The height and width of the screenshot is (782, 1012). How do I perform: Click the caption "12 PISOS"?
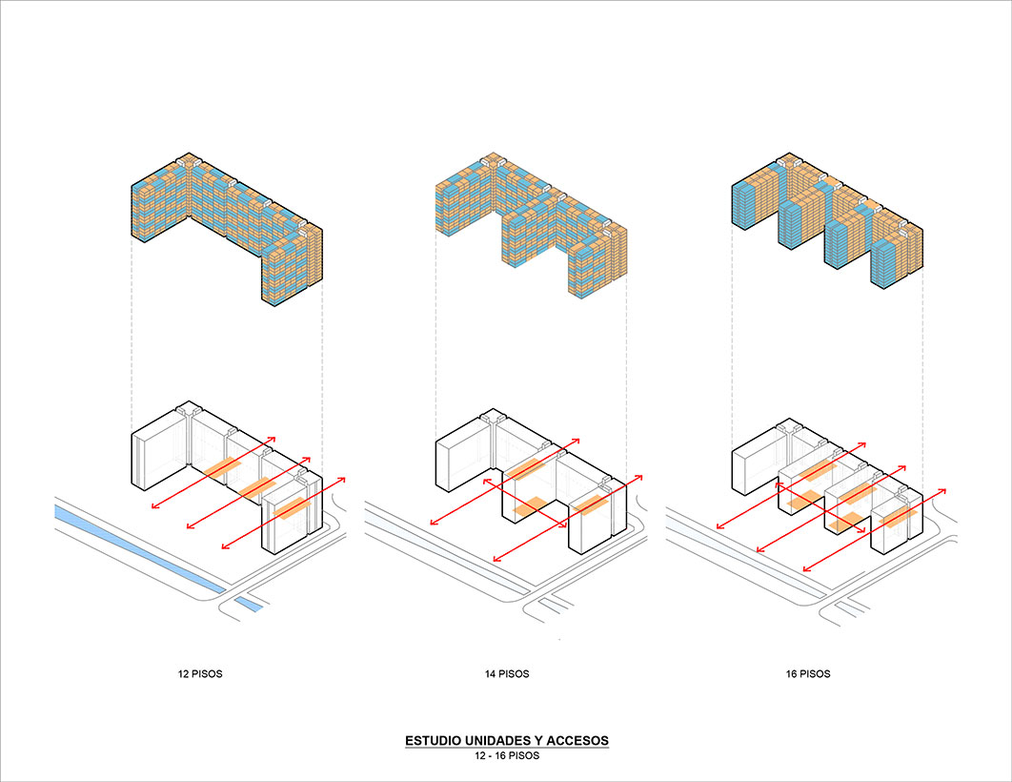(200, 673)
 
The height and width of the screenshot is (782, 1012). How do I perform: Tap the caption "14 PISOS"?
(507, 673)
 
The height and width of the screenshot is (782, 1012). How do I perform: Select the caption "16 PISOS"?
(808, 673)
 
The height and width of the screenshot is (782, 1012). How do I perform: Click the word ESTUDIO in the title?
(433, 740)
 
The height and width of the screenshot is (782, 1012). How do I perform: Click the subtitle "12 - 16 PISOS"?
(507, 755)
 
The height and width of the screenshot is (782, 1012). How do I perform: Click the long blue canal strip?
(139, 548)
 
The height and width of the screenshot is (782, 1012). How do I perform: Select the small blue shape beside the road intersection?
(249, 604)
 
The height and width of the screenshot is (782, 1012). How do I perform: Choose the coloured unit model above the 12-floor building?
(227, 229)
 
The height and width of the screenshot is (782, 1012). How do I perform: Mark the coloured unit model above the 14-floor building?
(531, 225)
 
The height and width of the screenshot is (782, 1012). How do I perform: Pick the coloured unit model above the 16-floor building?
(827, 221)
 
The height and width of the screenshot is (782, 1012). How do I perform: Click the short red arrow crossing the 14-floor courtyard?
(524, 504)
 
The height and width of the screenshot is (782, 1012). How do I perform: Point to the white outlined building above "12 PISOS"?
(227, 477)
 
